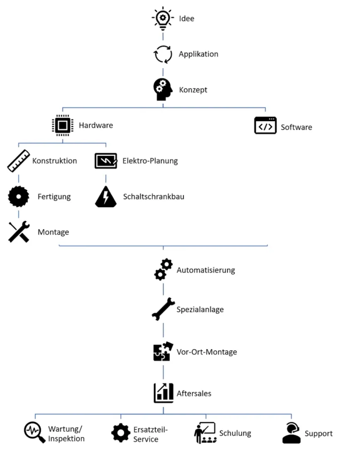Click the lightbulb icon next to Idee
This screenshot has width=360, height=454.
163,18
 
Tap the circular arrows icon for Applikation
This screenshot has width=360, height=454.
163,54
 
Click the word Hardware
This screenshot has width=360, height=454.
96,125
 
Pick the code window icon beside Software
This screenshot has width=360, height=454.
265,125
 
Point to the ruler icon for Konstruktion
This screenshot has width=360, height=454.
19,161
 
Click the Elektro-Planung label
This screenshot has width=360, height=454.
150,161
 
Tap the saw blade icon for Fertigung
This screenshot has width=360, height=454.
19,196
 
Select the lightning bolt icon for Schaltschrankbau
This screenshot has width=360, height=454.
105,196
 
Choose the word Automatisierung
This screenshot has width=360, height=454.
206,270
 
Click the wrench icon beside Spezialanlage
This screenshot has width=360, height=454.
163,309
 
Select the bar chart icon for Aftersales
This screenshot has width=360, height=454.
163,393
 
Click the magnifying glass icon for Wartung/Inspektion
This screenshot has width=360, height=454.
34,432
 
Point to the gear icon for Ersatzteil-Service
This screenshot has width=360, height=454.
121,433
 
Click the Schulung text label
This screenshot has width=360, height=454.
235,433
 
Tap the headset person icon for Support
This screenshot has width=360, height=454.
291,433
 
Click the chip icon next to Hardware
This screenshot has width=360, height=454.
63,125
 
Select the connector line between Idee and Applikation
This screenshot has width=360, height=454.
163,37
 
